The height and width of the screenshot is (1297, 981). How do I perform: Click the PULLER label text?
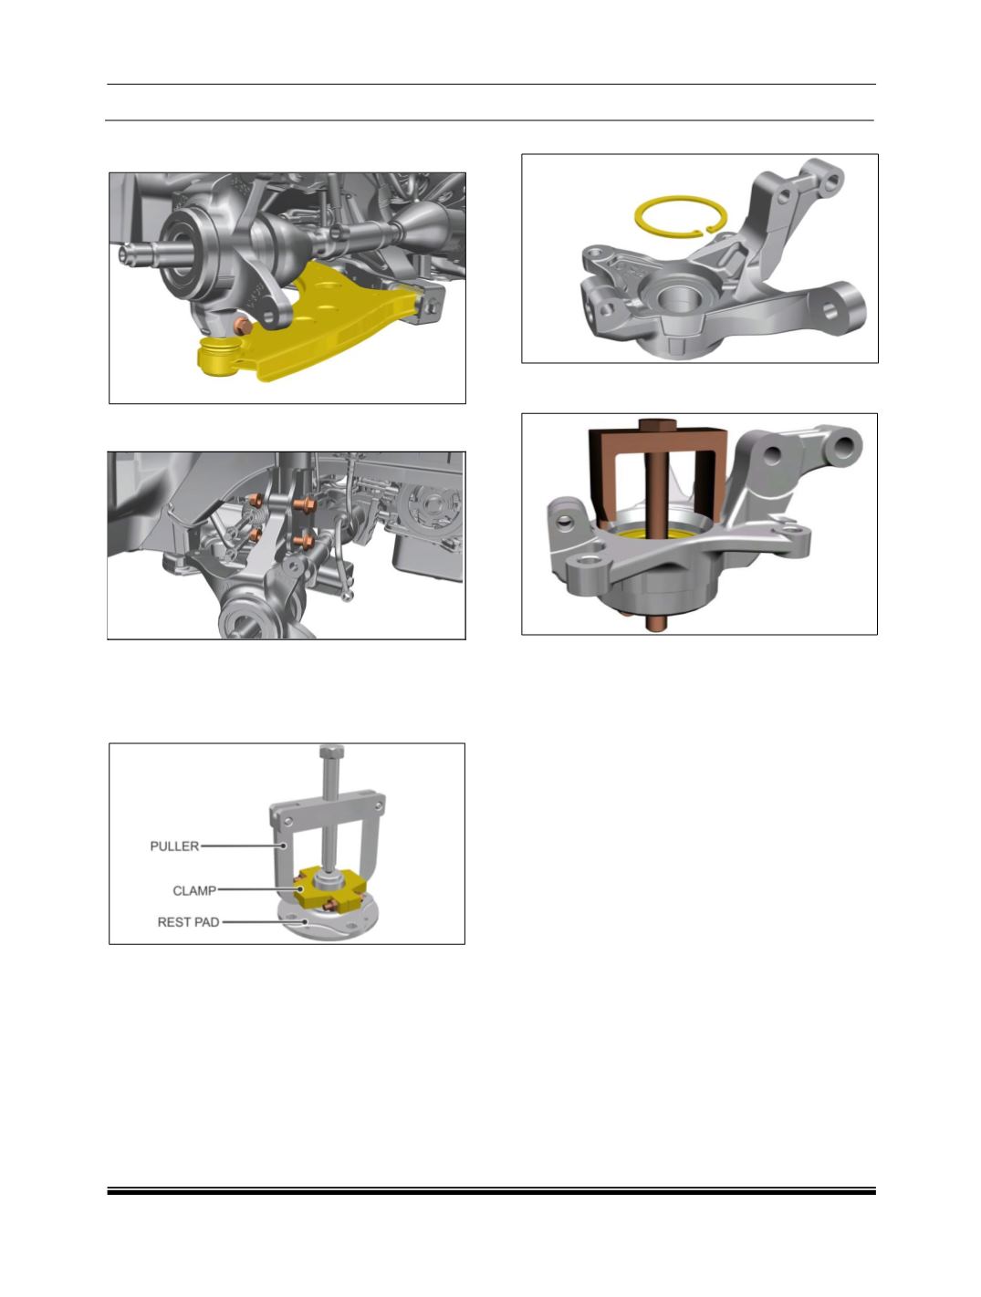pyautogui.click(x=174, y=846)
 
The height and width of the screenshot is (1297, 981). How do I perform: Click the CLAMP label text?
pyautogui.click(x=194, y=890)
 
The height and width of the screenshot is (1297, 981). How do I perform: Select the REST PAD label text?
pyautogui.click(x=188, y=922)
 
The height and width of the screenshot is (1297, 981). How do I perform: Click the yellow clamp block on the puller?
pyautogui.click(x=331, y=892)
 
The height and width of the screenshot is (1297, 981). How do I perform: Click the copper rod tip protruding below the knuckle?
pyautogui.click(x=653, y=624)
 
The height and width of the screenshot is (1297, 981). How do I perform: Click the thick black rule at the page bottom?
pyautogui.click(x=491, y=1192)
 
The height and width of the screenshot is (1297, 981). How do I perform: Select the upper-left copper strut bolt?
pyautogui.click(x=256, y=501)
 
